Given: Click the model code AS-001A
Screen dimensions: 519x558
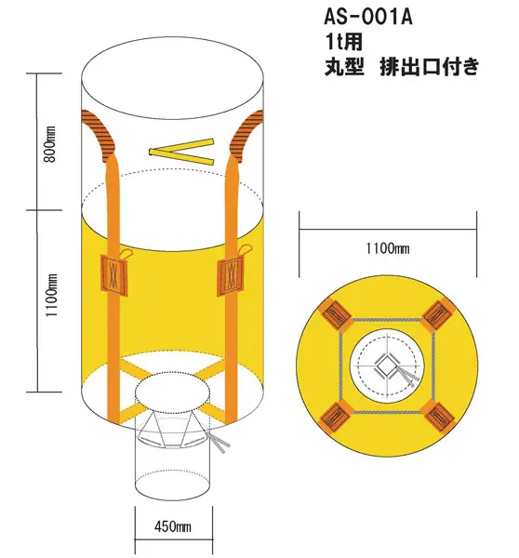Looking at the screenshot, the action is tap(367, 17).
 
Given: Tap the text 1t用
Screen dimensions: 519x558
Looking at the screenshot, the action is tap(343, 41).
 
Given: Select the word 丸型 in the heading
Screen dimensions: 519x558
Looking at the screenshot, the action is tap(344, 67).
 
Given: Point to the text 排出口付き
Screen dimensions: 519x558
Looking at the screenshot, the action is tap(430, 67).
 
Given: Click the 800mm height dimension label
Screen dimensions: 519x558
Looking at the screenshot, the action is tap(50, 144).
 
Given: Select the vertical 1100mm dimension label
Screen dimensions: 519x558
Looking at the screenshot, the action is tap(51, 295).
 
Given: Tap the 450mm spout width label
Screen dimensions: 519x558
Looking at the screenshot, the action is tap(173, 526).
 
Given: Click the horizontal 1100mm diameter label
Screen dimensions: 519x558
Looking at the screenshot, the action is tap(388, 248).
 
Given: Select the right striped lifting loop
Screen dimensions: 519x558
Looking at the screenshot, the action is tap(245, 135).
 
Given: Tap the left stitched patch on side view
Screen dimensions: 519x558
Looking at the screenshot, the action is tap(113, 274).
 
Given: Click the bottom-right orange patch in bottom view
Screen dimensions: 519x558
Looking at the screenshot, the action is tap(438, 416).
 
